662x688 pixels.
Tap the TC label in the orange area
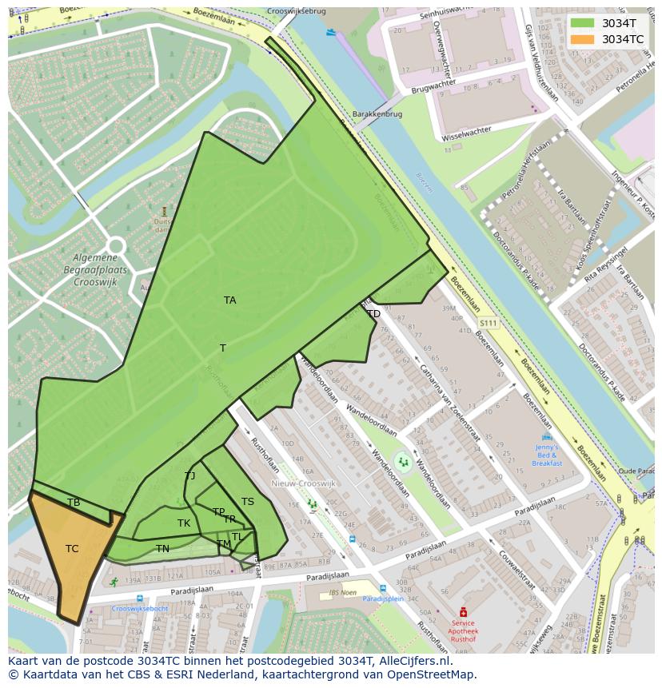pyautogui.click(x=72, y=549)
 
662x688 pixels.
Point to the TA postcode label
pyautogui.click(x=230, y=300)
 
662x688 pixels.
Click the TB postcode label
pyautogui.click(x=74, y=503)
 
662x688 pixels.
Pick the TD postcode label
pyautogui.click(x=373, y=314)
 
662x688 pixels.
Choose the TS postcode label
pyautogui.click(x=248, y=502)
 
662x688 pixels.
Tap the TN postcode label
pyautogui.click(x=162, y=549)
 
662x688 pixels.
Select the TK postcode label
pyautogui.click(x=184, y=523)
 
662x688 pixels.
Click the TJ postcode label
pyautogui.click(x=190, y=476)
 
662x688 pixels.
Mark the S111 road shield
pyautogui.click(x=488, y=323)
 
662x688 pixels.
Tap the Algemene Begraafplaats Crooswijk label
pyautogui.click(x=95, y=270)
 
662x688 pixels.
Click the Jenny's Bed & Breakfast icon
pyautogui.click(x=547, y=438)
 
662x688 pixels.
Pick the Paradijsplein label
pyautogui.click(x=382, y=598)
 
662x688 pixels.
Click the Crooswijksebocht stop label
pyautogui.click(x=140, y=609)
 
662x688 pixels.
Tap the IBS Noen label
pyautogui.click(x=342, y=591)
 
